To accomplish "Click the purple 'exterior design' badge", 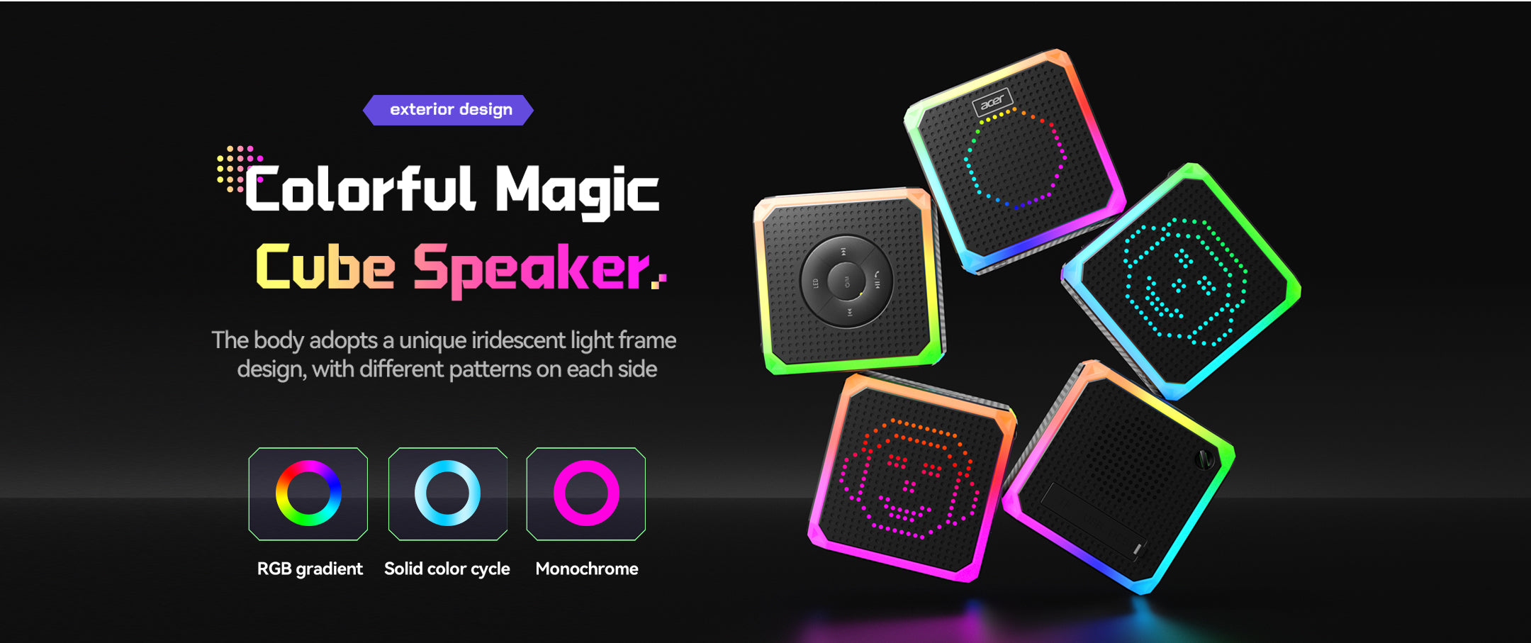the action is (x=448, y=110).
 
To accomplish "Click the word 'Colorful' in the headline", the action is (x=359, y=189).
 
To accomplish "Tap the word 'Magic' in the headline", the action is (x=577, y=191).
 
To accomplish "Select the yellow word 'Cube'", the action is (x=325, y=267).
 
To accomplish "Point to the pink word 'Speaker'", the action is (x=532, y=270).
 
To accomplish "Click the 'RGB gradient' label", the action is (x=310, y=569).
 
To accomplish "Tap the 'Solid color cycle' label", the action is (x=447, y=569).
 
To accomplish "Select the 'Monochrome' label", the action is (x=587, y=569).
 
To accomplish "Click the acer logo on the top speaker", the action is (x=992, y=102).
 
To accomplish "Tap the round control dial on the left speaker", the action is (x=846, y=281).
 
